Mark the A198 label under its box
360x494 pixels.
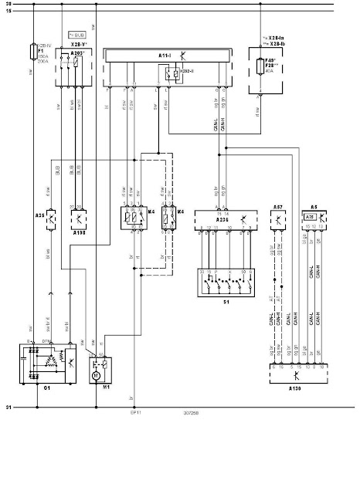[76, 232]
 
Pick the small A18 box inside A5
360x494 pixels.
[309, 218]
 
